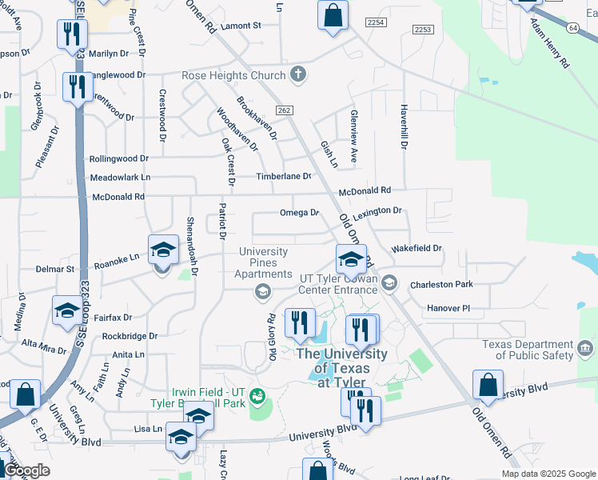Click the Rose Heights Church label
pos(234,75)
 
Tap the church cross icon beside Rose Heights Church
pos(299,75)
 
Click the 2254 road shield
pos(375,22)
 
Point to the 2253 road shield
pos(423,29)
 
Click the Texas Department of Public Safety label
pos(528,350)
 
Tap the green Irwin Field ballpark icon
pos(257,395)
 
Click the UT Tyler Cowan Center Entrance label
pos(337,279)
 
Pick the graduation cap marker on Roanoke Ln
pos(163,250)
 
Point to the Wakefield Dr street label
pos(417,249)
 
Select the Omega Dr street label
pos(299,213)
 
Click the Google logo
pos(28,471)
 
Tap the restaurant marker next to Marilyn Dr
pos(72,34)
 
